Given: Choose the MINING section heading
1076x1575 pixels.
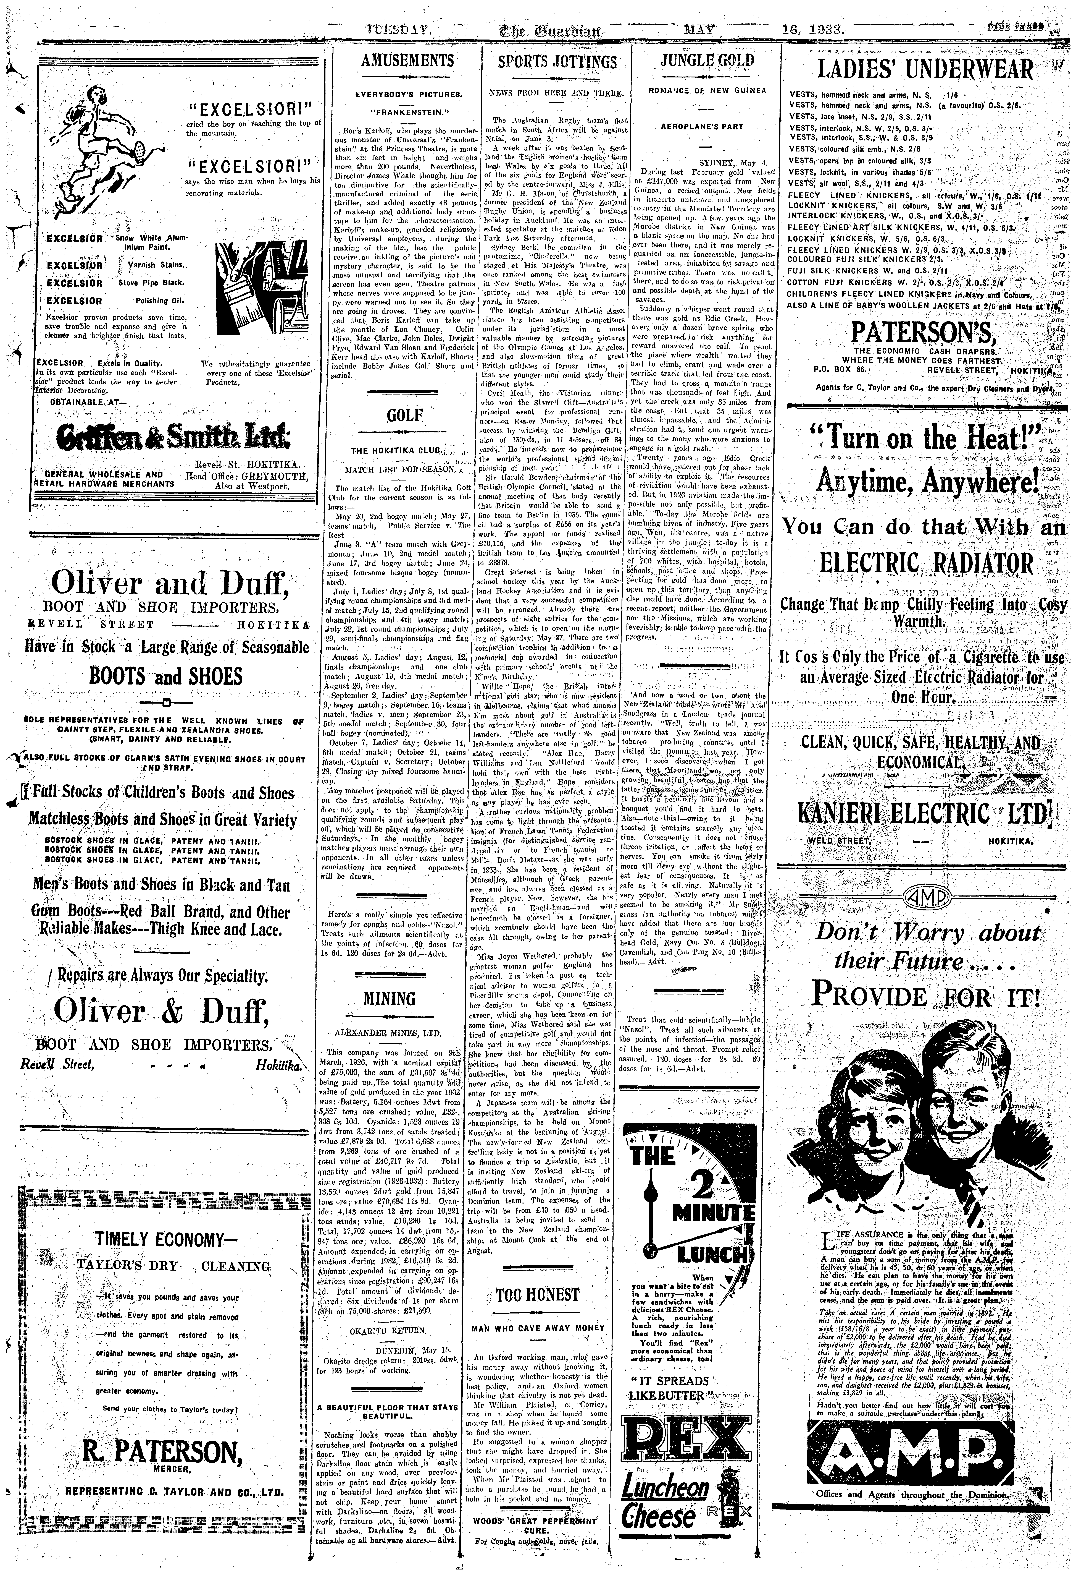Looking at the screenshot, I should point(389,998).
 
